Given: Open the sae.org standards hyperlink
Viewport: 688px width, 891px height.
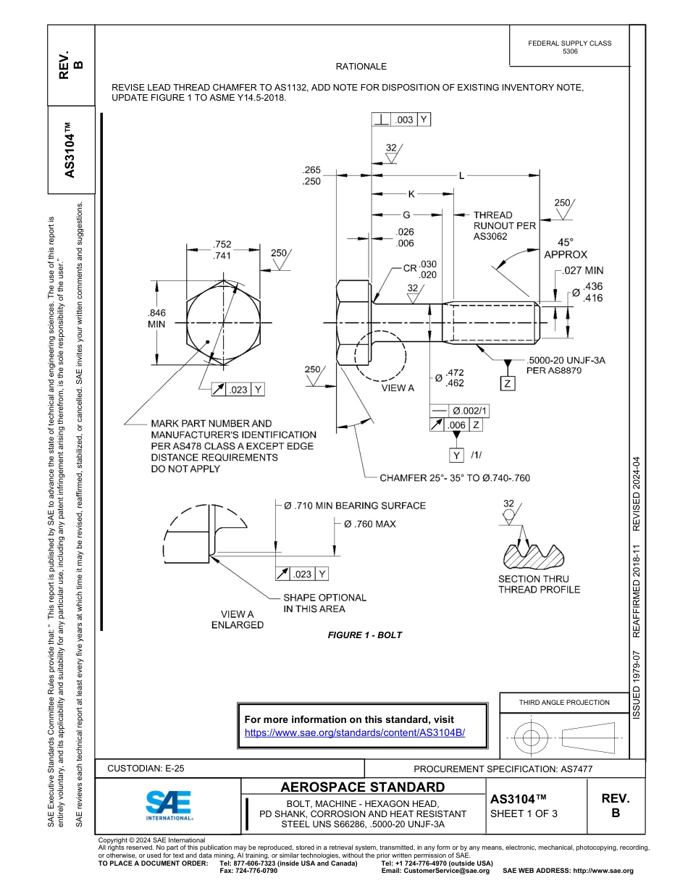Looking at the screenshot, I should pos(354,732).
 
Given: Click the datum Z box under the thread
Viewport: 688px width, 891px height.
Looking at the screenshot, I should pos(508,383).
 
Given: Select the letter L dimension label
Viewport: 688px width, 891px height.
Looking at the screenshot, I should pos(461,175).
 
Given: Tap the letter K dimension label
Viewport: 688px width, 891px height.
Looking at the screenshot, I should pos(411,194).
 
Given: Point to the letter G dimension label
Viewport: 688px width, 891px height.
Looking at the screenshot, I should pos(406,215).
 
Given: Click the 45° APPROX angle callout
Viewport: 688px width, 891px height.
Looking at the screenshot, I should pos(566,248).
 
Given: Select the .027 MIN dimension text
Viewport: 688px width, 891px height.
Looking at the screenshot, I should pos(583,271).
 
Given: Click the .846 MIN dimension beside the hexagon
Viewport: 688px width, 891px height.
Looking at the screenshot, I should pos(156,319).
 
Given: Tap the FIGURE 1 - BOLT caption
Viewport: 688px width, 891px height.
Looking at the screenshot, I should pos(364,635).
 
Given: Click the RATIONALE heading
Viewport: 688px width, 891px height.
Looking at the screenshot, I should pos(361,66).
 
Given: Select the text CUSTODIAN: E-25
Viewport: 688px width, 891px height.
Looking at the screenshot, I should pos(151,769).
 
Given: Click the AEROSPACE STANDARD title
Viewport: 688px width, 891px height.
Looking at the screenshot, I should pos(363,787).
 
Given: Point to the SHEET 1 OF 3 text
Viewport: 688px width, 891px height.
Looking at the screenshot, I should pos(524,813).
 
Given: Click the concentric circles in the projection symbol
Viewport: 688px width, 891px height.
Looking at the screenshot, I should pos(532,738).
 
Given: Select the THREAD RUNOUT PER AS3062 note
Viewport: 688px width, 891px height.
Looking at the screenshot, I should pos(504,225).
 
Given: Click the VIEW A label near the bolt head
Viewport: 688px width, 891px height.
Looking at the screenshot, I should pos(398,388).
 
